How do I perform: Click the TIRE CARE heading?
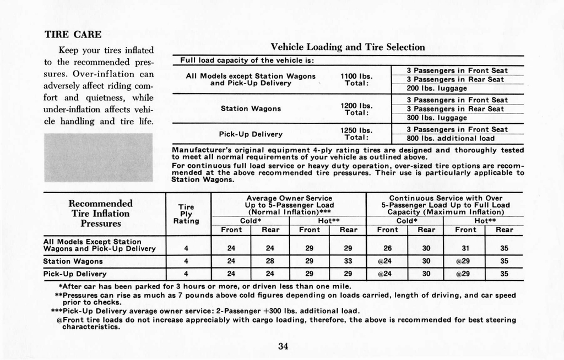[x=73, y=34]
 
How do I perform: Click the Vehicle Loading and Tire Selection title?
[x=348, y=47]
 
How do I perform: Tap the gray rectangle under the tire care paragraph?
[x=98, y=157]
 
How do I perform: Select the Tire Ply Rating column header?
[x=186, y=214]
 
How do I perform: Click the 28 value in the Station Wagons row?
[x=270, y=261]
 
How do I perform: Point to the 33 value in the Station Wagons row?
[x=348, y=261]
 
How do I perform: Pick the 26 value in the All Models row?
[x=388, y=248]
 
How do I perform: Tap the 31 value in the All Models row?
[x=465, y=248]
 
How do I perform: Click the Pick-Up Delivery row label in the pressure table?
[x=75, y=274]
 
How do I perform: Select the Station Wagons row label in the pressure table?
[x=73, y=261]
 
